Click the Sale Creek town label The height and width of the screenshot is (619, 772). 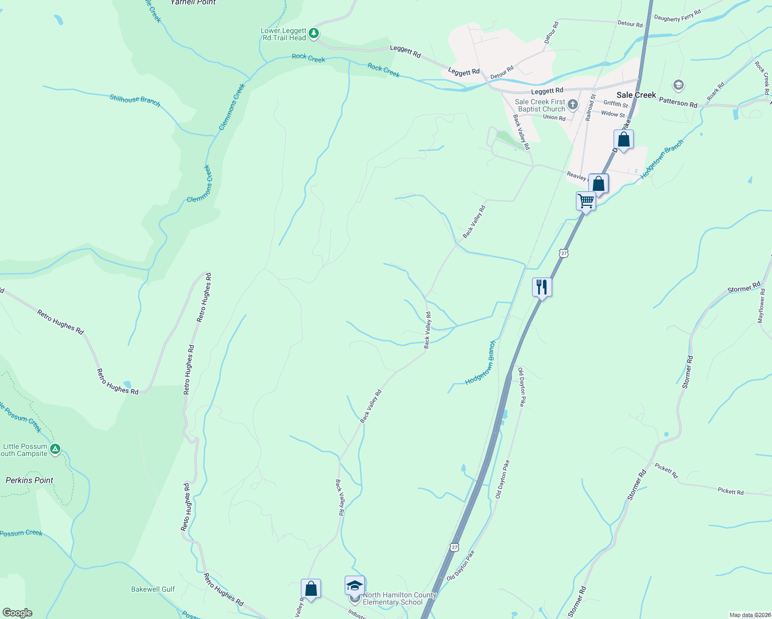pyautogui.click(x=636, y=95)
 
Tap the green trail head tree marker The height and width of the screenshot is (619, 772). pyautogui.click(x=313, y=34)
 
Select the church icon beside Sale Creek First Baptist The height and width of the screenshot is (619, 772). pyautogui.click(x=572, y=105)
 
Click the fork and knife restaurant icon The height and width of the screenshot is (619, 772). pyautogui.click(x=542, y=287)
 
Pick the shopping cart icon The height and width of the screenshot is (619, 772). pyautogui.click(x=586, y=201)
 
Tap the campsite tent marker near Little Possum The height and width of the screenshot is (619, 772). pyautogui.click(x=55, y=449)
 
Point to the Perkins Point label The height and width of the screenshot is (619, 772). pyautogui.click(x=29, y=480)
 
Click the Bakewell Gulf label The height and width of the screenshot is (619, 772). pyautogui.click(x=153, y=589)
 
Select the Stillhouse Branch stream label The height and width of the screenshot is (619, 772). pyautogui.click(x=135, y=100)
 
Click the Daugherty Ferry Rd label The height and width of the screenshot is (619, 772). pyautogui.click(x=677, y=17)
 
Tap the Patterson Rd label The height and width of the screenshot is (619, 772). pyautogui.click(x=678, y=103)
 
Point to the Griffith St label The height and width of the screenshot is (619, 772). pyautogui.click(x=616, y=104)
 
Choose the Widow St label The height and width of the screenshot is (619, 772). pyautogui.click(x=613, y=114)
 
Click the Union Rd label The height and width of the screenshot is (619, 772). pyautogui.click(x=554, y=118)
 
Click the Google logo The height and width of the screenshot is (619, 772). pyautogui.click(x=17, y=613)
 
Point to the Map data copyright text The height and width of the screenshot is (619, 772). pyautogui.click(x=750, y=615)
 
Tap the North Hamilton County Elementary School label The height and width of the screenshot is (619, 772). pyautogui.click(x=399, y=598)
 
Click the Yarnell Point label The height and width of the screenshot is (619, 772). pyautogui.click(x=193, y=3)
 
